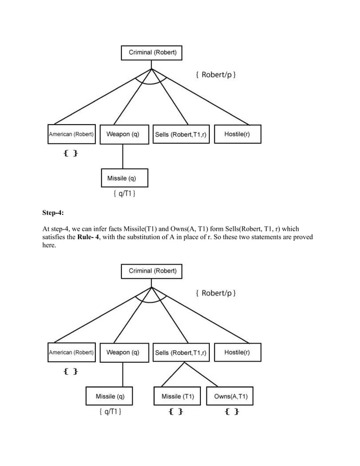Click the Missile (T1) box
pos(178,397)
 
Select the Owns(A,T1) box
pos(230,397)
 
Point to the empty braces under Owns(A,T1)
pos(231,412)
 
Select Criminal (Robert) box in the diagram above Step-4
pos(152,53)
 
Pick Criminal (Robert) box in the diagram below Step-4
pos(152,271)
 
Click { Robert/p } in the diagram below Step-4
pos(216,293)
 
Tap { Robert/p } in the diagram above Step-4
pos(216,74)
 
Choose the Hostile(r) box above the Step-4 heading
pos(237,134)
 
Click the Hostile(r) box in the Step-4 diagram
pos(237,353)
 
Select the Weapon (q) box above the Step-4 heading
pos(122,134)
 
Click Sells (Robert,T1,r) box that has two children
pos(181,353)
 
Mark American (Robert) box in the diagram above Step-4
pos(71,134)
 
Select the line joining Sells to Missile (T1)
pos(173,375)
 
